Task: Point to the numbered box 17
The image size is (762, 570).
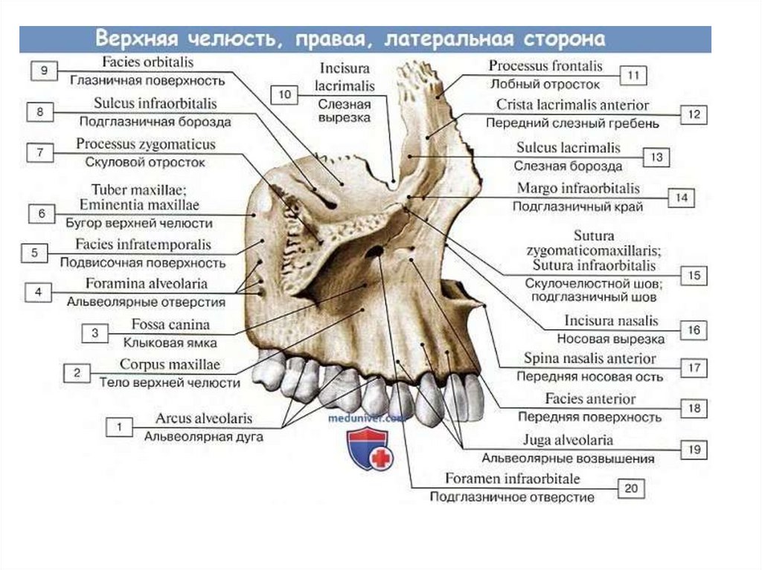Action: tap(694, 367)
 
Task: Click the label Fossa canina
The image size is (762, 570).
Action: tap(170, 325)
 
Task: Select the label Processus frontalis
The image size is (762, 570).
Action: tap(545, 66)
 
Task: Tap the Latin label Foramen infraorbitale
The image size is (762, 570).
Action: tap(512, 478)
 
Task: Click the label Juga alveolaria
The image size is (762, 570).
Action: tap(568, 439)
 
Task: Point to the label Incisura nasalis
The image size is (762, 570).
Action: tap(601, 321)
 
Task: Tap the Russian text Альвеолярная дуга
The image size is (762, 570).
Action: tap(203, 436)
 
